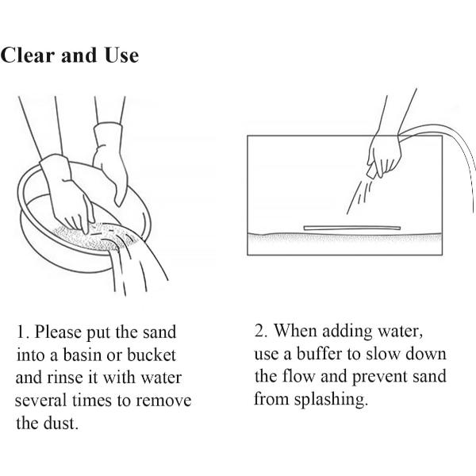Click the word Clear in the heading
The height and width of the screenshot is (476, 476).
(x=29, y=55)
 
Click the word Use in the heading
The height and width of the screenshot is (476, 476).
(x=121, y=55)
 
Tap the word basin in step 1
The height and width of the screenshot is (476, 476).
(x=83, y=355)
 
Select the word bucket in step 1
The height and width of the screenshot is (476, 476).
(x=152, y=355)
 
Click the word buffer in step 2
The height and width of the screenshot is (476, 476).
(x=319, y=354)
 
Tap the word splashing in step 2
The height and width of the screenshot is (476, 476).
(x=331, y=400)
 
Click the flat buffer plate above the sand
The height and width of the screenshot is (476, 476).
(x=352, y=228)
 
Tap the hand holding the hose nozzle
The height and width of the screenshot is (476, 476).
(x=384, y=155)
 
